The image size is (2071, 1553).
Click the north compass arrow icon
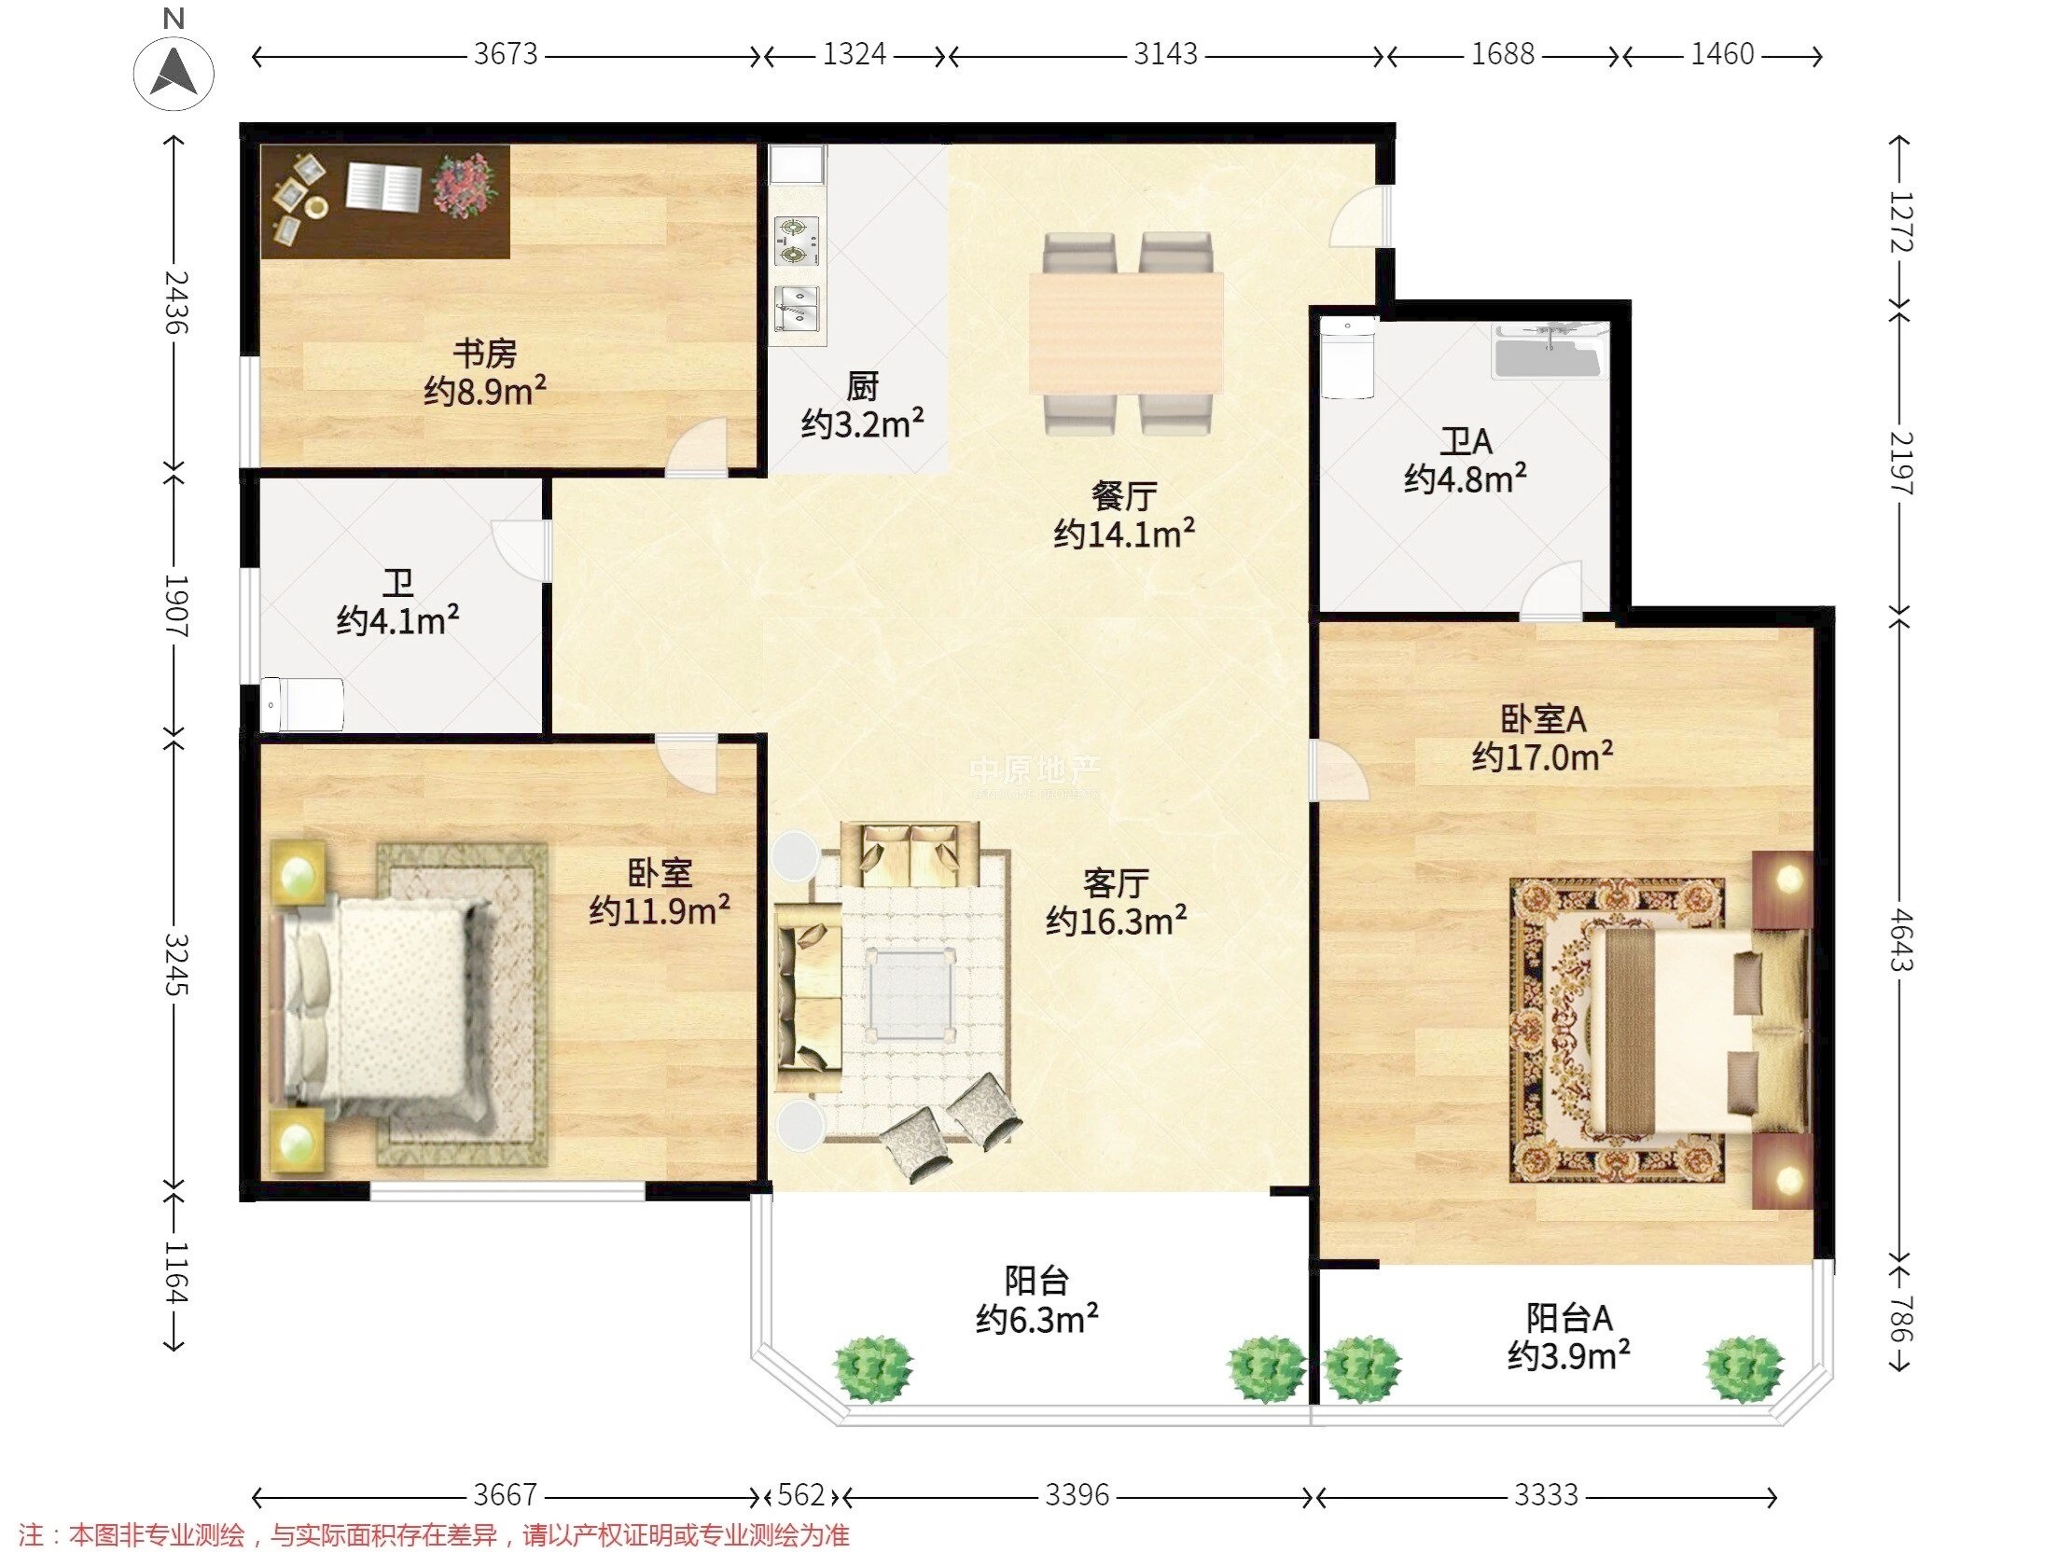coord(174,72)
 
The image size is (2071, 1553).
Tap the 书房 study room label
coord(485,354)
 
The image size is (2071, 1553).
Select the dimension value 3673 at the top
coord(506,54)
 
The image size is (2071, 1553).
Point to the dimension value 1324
coord(854,54)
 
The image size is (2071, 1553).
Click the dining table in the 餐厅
coord(1126,332)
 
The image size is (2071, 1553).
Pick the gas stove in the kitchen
coord(797,242)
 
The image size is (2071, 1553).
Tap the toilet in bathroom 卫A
coord(1346,358)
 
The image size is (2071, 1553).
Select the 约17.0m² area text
coord(1542,756)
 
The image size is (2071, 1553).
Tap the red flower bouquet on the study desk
coord(466,187)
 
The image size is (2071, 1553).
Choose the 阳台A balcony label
coord(1569,1318)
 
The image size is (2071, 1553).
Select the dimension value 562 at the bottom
coord(800,1495)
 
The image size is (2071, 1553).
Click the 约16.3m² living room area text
coord(1116,922)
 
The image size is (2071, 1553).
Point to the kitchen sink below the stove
coord(798,310)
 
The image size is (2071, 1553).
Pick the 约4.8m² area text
coord(1466,478)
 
